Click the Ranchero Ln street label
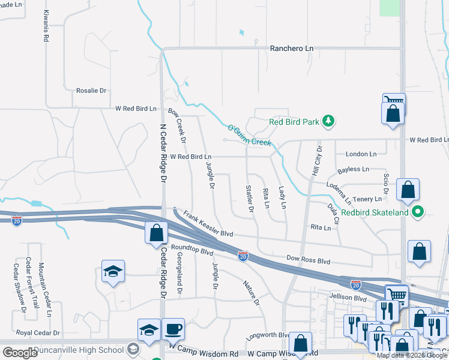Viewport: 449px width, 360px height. (x=292, y=48)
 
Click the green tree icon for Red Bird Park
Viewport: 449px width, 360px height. (x=328, y=121)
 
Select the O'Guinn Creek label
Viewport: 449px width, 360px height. (x=250, y=135)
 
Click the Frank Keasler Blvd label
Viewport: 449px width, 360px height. (x=208, y=223)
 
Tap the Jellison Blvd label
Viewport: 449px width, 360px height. (x=348, y=297)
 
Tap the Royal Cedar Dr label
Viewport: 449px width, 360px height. (x=38, y=332)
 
